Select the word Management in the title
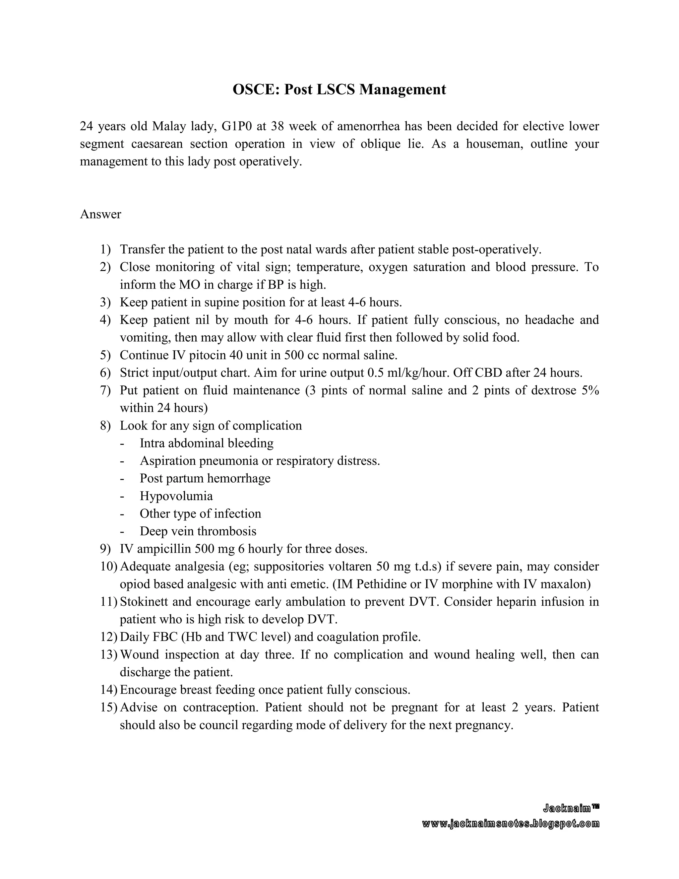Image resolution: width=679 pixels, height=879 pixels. pyautogui.click(x=402, y=89)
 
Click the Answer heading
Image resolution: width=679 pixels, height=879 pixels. pyautogui.click(x=100, y=214)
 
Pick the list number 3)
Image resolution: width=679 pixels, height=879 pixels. pyautogui.click(x=105, y=302)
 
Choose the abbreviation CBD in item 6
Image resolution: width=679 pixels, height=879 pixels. pyautogui.click(x=488, y=373)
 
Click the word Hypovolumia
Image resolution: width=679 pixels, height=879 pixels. pyautogui.click(x=176, y=496)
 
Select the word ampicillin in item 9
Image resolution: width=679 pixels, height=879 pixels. pyautogui.click(x=162, y=549)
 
